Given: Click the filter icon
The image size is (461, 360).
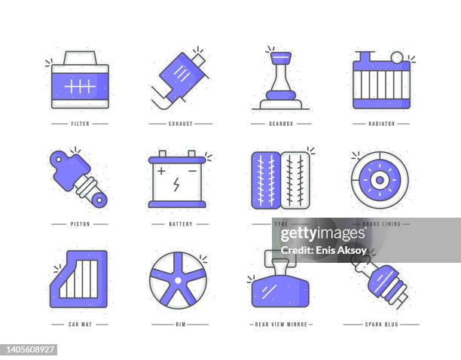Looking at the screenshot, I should [x=79, y=81].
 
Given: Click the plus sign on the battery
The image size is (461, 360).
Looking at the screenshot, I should [x=162, y=172].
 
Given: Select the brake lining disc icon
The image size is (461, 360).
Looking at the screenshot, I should [x=379, y=182].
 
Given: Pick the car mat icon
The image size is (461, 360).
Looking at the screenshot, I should [x=78, y=276].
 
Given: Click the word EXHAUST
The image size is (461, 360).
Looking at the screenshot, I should [x=180, y=123].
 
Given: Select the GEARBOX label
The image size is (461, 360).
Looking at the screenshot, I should [x=280, y=123].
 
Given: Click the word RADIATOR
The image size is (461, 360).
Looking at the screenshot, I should [x=381, y=123].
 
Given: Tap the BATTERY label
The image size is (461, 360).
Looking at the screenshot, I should [x=180, y=224].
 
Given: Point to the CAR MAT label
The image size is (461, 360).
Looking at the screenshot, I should [x=79, y=324].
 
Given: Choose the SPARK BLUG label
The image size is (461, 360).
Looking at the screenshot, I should [x=381, y=324].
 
